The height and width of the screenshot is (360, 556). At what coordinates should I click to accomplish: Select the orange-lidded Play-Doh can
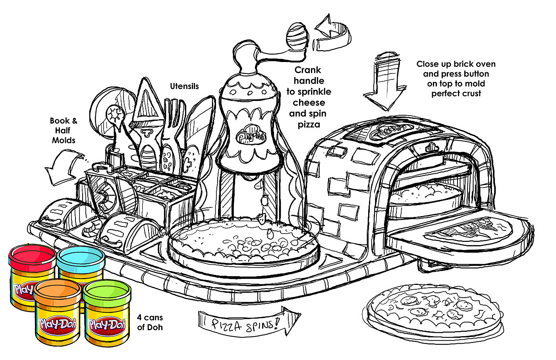[58, 314]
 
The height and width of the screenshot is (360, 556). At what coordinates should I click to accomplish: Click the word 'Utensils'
[184, 86]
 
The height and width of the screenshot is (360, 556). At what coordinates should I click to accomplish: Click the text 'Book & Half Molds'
[64, 130]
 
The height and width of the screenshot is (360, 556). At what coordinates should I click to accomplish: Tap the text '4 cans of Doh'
[150, 323]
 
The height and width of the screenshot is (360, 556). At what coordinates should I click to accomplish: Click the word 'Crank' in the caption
[307, 70]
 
